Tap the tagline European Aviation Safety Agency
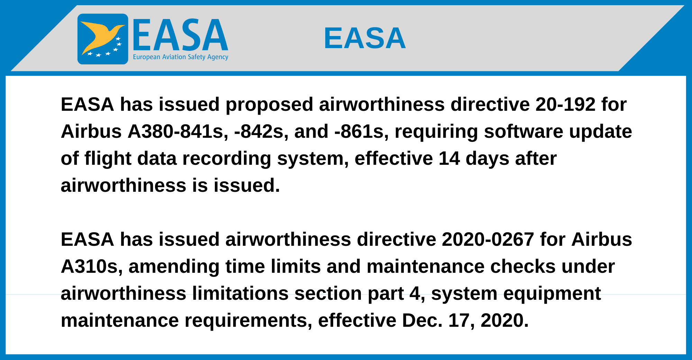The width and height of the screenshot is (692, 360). tap(181, 57)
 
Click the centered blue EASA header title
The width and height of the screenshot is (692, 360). tap(365, 38)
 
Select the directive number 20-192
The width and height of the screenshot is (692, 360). tap(565, 104)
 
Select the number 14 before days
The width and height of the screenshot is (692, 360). tap(449, 159)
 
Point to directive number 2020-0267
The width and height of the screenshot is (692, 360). tap(488, 239)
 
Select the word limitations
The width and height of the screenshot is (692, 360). tap(240, 293)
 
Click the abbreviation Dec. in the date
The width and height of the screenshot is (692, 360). tap(422, 320)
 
